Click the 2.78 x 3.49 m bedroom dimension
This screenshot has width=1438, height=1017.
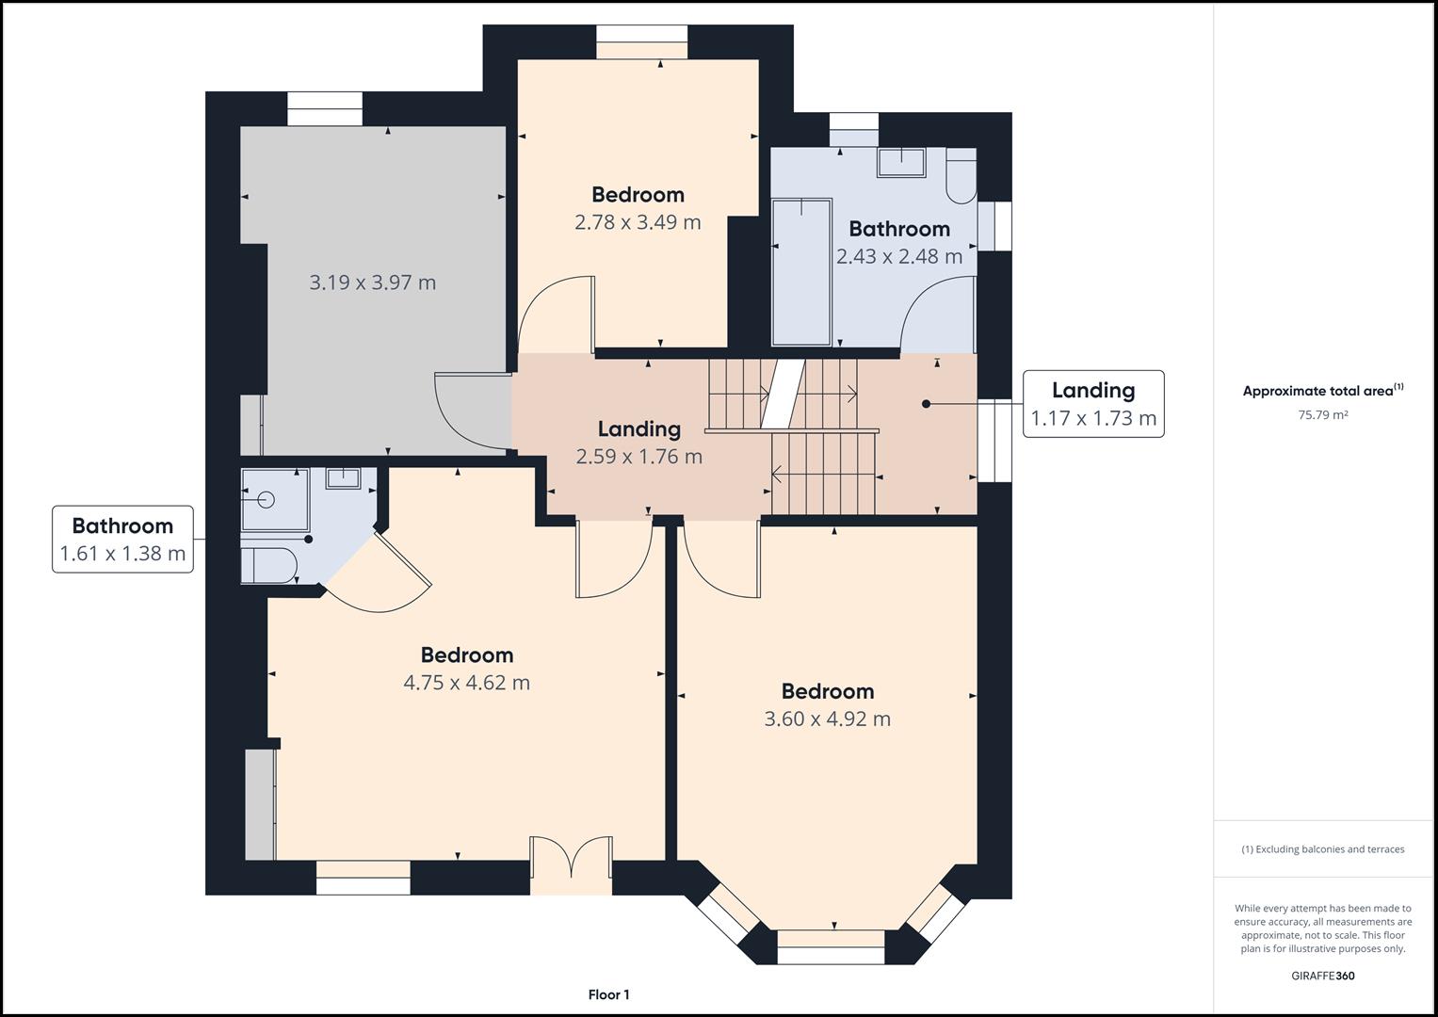click(638, 222)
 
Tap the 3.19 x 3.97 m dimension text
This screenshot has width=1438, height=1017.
click(372, 282)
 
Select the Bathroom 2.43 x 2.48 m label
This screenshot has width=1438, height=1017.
click(899, 243)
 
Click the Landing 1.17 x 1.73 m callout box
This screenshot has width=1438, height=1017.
click(1093, 404)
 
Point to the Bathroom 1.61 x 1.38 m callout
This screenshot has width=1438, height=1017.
click(122, 540)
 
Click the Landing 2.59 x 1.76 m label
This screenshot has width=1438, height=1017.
click(638, 443)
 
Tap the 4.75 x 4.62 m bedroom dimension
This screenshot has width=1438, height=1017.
click(467, 683)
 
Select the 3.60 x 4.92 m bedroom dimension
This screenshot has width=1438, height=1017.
click(828, 719)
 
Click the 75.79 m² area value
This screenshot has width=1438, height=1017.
click(1323, 414)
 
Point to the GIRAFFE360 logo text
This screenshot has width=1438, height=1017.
click(1323, 976)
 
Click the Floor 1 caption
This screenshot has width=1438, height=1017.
click(608, 994)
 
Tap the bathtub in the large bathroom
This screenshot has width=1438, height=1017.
click(801, 272)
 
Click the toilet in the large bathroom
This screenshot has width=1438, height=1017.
click(961, 176)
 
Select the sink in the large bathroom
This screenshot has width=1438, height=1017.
click(901, 162)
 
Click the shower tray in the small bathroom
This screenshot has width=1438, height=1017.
click(275, 499)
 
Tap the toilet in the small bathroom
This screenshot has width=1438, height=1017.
click(269, 566)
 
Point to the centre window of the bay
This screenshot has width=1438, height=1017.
click(831, 947)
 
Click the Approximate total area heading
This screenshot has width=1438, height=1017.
click(1323, 391)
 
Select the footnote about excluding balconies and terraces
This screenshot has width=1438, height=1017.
click(1323, 849)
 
